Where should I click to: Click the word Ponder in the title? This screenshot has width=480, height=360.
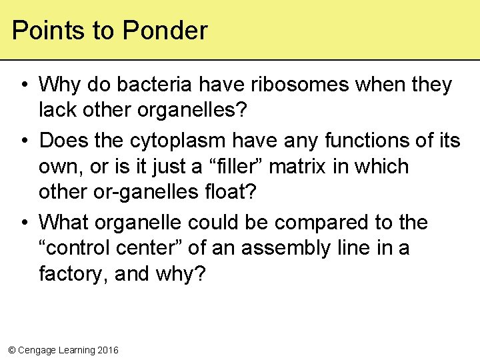(165, 31)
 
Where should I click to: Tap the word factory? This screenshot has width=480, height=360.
(71, 273)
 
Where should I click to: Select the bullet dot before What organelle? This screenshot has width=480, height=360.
(23, 223)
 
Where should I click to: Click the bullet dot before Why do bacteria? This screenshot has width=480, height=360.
(23, 85)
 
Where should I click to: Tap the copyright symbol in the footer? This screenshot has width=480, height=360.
(11, 350)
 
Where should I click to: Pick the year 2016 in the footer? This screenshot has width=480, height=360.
(107, 350)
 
